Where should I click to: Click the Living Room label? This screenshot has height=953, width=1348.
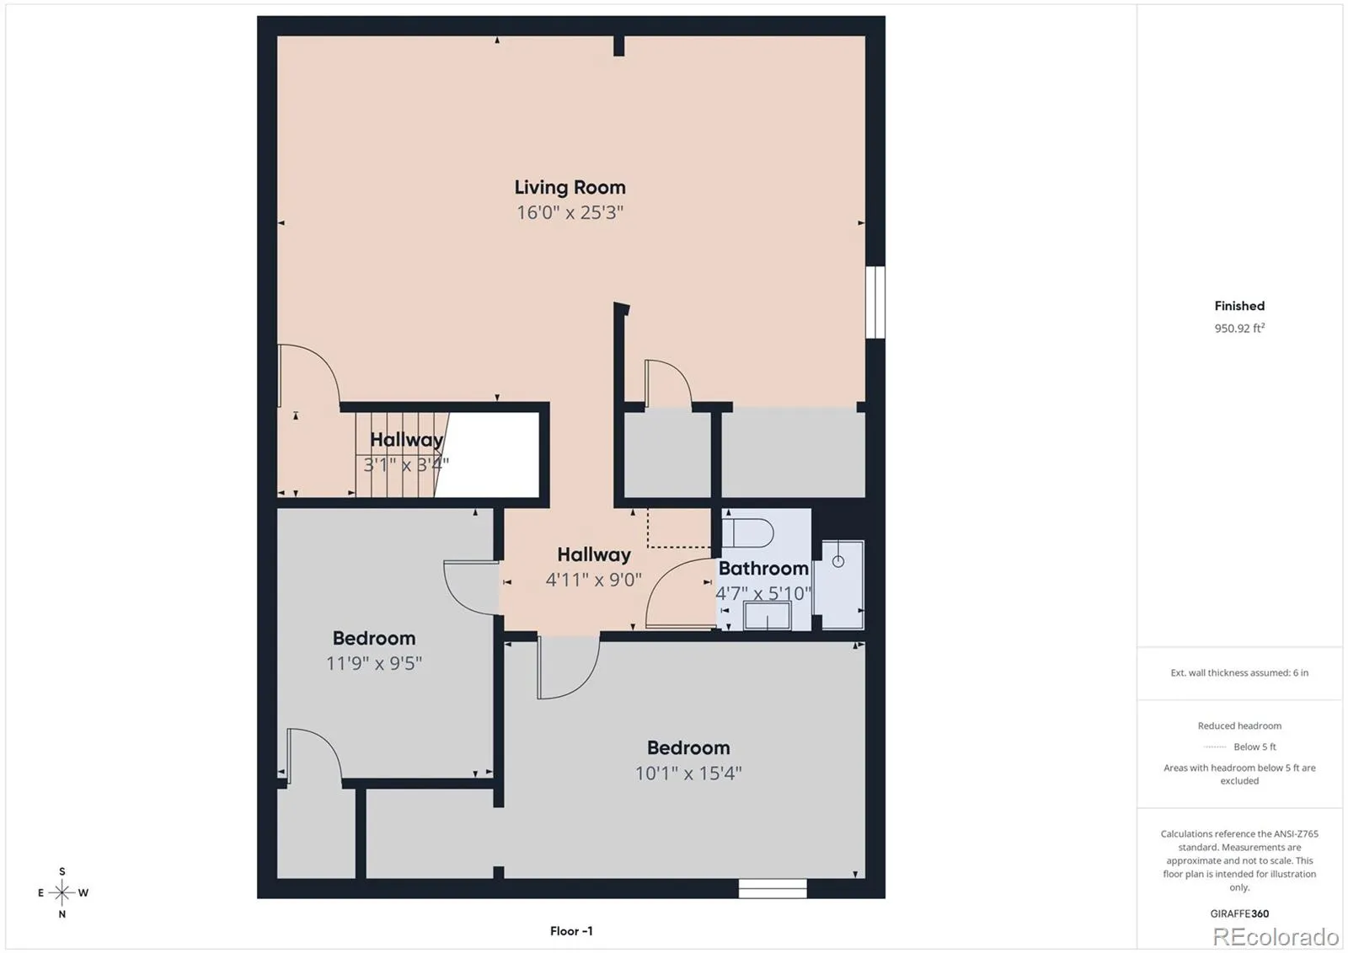[570, 187]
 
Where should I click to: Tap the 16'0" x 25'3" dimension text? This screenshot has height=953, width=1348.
[570, 212]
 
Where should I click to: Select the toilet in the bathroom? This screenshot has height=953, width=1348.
[747, 533]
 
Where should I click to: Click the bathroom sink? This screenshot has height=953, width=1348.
[767, 615]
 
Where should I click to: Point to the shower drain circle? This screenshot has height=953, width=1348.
[837, 562]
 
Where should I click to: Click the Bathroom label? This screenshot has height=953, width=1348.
[763, 568]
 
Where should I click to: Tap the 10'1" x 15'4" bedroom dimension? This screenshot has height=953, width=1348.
[688, 773]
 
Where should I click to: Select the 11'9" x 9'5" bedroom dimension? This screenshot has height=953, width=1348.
[374, 663]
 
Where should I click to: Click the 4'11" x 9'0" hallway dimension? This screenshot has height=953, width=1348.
[593, 580]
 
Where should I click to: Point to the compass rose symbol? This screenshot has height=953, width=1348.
[62, 892]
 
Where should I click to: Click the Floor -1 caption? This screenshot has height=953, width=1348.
[571, 931]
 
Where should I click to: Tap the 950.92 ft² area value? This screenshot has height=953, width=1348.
[1239, 328]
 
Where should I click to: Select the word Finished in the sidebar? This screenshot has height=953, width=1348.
[1239, 306]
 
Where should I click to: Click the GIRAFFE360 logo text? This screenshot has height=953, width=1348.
[1239, 913]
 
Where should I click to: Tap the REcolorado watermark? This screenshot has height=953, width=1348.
[1276, 937]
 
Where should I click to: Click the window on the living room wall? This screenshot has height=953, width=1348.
[875, 302]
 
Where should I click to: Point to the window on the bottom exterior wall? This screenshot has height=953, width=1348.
[773, 888]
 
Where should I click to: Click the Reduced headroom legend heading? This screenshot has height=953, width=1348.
[1239, 726]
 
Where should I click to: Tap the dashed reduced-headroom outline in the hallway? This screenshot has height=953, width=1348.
[679, 547]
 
